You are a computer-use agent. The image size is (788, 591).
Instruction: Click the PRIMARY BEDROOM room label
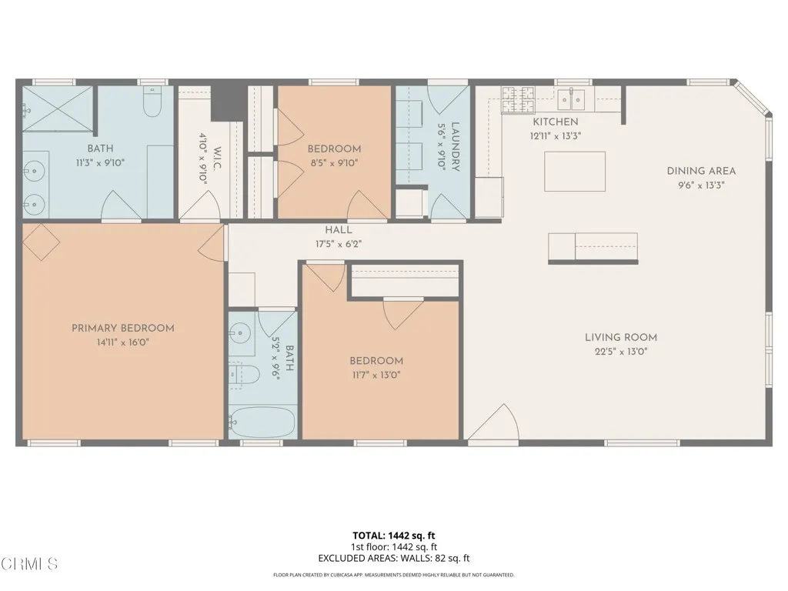coord(123,328)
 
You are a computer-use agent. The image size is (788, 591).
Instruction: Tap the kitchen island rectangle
coord(574,171)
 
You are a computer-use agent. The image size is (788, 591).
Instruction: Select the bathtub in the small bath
coord(262,422)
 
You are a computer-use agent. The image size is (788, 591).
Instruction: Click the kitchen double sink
coord(572,98)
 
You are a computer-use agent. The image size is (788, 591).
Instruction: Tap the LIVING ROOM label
coord(620,337)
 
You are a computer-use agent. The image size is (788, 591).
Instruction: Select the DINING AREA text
coord(701,171)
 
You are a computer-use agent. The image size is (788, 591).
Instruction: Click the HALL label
coord(338,229)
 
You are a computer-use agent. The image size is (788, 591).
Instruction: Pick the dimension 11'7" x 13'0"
coord(376,376)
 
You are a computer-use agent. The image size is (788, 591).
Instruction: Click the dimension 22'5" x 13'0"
coord(620,352)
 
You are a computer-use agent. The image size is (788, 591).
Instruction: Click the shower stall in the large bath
coord(58,108)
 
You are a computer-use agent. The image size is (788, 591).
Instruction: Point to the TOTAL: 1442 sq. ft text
coord(393,535)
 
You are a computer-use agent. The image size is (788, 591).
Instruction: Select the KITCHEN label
coord(556,122)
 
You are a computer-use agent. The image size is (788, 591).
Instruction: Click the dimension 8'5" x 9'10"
coord(334,162)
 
